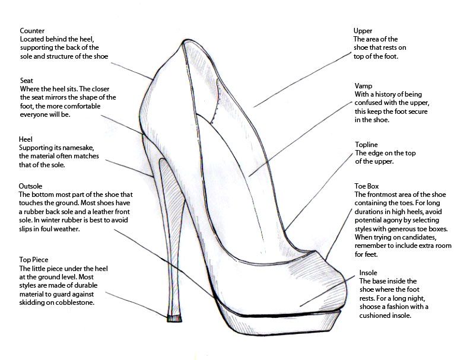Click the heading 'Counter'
(x=32, y=30)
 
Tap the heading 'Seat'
(x=26, y=80)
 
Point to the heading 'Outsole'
(x=31, y=186)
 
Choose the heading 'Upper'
(x=363, y=31)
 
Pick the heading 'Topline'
(x=366, y=145)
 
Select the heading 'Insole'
(x=369, y=273)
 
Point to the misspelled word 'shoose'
(x=373, y=307)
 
